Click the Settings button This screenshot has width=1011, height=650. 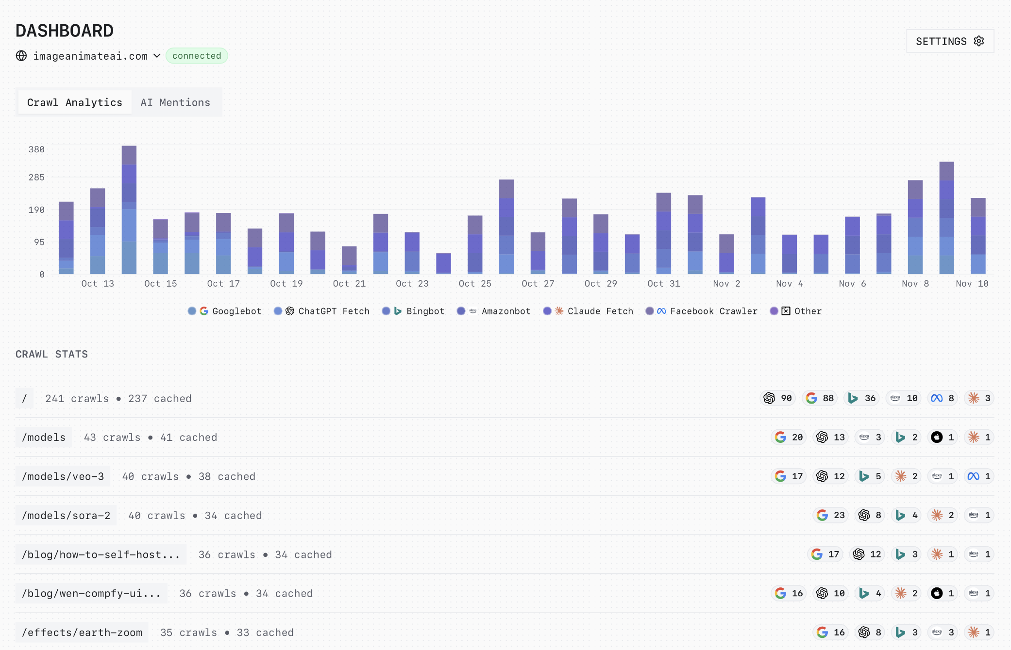(949, 41)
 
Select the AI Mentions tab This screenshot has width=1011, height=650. (175, 102)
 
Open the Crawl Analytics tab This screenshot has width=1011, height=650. (74, 102)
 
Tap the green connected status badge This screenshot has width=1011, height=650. (197, 56)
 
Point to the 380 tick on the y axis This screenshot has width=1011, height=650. (36, 149)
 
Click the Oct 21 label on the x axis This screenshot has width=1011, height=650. (349, 284)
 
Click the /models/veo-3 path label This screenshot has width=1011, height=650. (63, 476)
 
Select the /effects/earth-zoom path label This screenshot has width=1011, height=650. (82, 633)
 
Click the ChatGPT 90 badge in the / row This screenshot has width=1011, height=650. (777, 398)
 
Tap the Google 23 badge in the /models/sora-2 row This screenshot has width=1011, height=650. (830, 515)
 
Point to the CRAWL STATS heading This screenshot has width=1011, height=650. (52, 354)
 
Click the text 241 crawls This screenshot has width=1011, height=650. (77, 399)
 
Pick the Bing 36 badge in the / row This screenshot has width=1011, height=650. (861, 398)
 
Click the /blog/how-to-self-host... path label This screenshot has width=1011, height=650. (101, 554)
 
